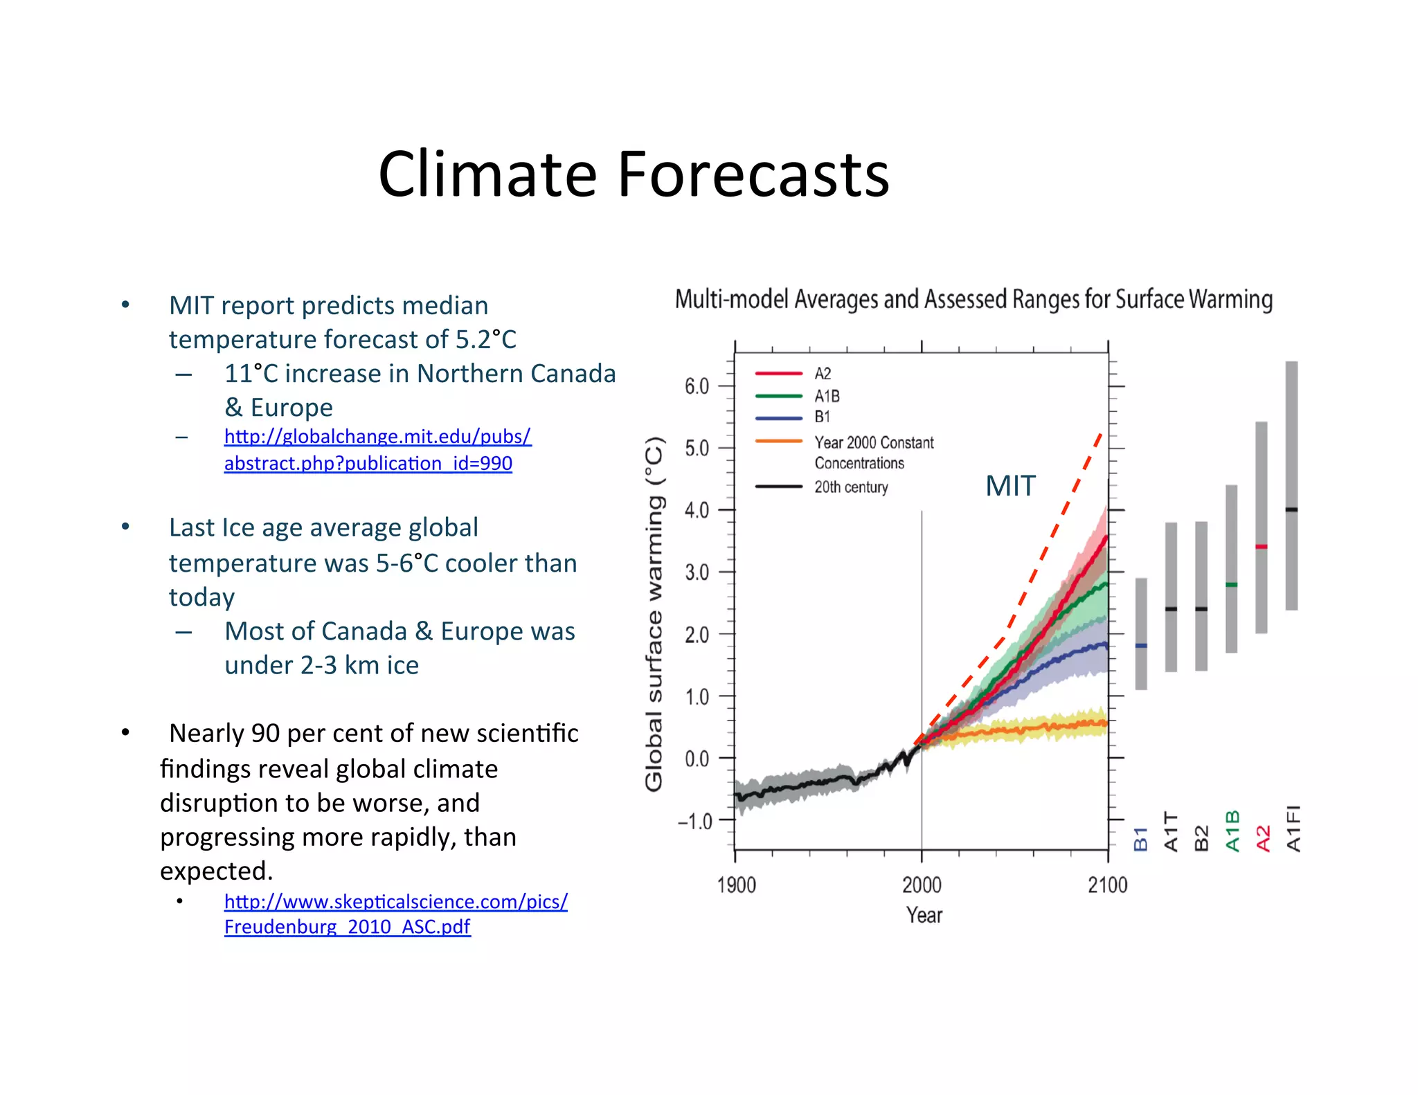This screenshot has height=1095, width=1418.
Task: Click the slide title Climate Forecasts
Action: click(x=633, y=174)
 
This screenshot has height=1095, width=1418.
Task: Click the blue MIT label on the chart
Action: click(x=1010, y=486)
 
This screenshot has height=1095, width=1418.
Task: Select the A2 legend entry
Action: click(x=822, y=374)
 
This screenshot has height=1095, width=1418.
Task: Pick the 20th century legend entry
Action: click(x=850, y=487)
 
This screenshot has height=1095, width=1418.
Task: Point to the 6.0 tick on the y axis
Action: click(x=697, y=386)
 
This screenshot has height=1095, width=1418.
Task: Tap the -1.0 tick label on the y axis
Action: click(x=694, y=822)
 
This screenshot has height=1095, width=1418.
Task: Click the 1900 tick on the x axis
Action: click(x=736, y=885)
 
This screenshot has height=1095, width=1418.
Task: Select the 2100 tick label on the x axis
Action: click(x=1107, y=885)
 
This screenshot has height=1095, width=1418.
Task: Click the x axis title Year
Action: click(x=924, y=915)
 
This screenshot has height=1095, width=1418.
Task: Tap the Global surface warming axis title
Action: click(x=654, y=613)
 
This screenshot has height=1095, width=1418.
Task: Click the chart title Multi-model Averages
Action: click(x=973, y=300)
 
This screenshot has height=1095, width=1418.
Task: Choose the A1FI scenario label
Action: click(x=1293, y=828)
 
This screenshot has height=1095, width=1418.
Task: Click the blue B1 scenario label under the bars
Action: click(x=1140, y=838)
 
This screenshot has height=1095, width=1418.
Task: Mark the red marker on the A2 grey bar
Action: click(x=1262, y=547)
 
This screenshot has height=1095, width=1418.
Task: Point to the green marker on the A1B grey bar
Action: click(x=1231, y=585)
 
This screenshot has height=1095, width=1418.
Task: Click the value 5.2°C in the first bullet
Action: click(x=485, y=340)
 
